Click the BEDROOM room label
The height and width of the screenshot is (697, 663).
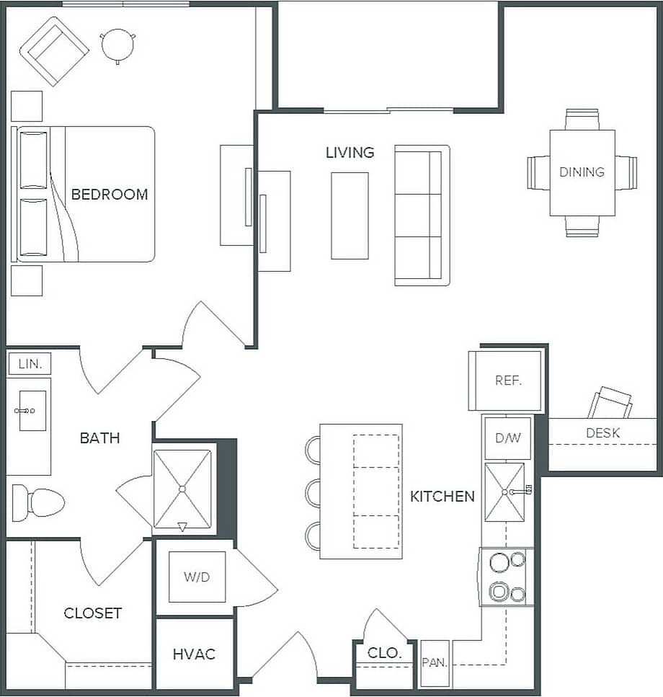109,194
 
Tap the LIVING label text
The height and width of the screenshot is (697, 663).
350,153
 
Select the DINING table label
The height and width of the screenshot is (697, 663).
582,172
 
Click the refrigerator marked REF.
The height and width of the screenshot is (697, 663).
507,381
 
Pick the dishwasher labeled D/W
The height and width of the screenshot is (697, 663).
507,438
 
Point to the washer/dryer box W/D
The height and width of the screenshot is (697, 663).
197,577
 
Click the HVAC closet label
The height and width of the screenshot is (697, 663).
194,654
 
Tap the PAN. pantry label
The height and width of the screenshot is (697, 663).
435,662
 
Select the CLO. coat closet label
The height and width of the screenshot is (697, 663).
383,653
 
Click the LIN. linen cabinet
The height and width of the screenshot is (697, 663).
30,364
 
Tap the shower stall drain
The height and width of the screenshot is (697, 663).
182,489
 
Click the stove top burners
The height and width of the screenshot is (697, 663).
507,577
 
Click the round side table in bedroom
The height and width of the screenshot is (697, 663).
118,45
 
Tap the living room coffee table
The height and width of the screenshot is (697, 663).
350,215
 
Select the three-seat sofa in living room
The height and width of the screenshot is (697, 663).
422,215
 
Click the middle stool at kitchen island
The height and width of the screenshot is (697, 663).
314,493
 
